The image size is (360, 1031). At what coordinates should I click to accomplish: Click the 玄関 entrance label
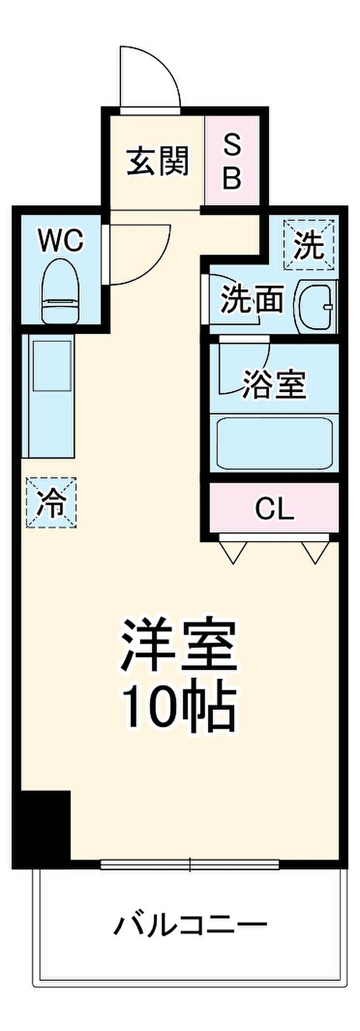pyautogui.click(x=158, y=161)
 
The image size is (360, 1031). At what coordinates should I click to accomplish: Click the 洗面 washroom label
pyautogui.click(x=252, y=300)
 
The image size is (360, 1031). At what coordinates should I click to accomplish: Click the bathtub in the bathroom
pyautogui.click(x=274, y=443)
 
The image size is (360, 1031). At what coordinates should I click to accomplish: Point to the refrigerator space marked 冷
pyautogui.click(x=51, y=502)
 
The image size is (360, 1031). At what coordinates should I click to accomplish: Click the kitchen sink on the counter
pyautogui.click(x=52, y=366)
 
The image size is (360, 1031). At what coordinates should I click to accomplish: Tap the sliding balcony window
pyautogui.click(x=190, y=865)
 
